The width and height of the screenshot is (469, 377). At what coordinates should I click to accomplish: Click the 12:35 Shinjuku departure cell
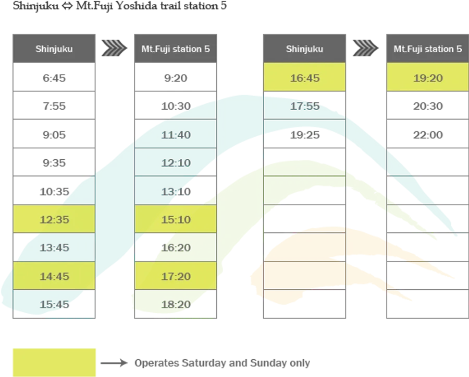[x=54, y=219]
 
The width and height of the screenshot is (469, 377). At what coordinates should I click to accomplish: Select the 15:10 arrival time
[x=176, y=219]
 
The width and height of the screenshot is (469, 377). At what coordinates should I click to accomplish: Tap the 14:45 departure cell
[x=54, y=276]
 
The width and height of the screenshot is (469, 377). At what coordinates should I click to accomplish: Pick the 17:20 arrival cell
[x=176, y=276]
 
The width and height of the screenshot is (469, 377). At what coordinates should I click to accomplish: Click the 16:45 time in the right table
[x=305, y=78]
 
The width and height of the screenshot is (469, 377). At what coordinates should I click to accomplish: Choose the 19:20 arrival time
[x=428, y=78]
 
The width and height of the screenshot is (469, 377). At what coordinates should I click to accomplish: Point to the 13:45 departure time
[x=54, y=248]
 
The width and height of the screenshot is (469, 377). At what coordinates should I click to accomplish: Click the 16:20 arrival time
[x=176, y=248]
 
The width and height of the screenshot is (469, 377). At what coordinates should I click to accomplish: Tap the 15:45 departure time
[x=54, y=304]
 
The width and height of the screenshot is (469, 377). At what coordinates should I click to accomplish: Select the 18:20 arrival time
[x=176, y=304]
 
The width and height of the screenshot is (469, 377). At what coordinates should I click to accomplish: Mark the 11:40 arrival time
[x=176, y=135]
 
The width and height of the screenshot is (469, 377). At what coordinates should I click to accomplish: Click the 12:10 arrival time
[x=176, y=163]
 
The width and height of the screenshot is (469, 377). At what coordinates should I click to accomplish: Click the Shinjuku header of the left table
[x=54, y=49]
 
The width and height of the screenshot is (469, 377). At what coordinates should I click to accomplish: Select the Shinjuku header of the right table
[x=305, y=49]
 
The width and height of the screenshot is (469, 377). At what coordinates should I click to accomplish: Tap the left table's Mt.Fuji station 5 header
[x=176, y=49]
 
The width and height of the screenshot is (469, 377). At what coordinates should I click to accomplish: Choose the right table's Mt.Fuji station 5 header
[x=428, y=49]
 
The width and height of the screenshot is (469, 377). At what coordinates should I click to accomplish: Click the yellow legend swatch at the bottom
[x=54, y=361]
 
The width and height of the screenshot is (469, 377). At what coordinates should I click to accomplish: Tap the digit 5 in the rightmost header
[x=459, y=49]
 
